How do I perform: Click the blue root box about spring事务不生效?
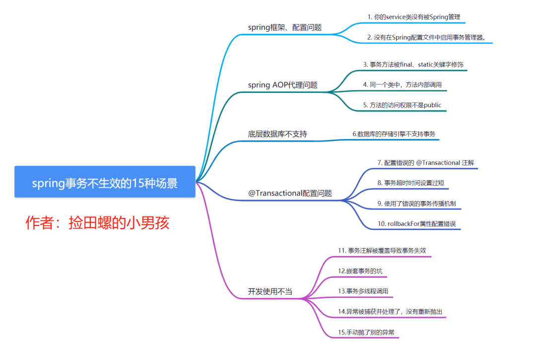coord(105,182)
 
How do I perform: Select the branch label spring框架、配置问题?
coord(285,27)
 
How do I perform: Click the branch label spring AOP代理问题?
coord(283,85)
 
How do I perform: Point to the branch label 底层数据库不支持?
coord(277,134)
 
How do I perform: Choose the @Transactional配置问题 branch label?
coord(290,193)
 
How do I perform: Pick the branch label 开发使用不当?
coord(270,291)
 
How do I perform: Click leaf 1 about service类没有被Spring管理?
coord(414,17)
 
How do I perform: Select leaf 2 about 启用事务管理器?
coord(426,37)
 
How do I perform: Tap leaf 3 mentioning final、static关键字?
coord(413,65)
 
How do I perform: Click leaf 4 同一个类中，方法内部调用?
coord(402,85)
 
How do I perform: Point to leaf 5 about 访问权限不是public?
coord(402,105)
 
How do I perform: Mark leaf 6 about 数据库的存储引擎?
coord(395,134)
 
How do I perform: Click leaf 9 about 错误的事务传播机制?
coord(416,203)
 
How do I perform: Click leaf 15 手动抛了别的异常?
coord(366,332)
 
